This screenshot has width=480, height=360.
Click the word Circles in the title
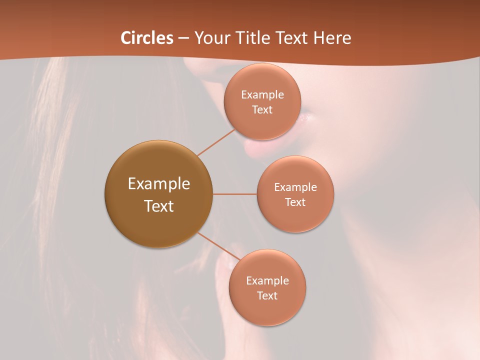click(146, 37)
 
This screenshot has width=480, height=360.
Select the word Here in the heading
click(332, 37)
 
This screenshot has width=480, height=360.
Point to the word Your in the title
click(210, 37)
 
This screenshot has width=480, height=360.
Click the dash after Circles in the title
click(183, 38)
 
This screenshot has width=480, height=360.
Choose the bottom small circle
click(267, 310)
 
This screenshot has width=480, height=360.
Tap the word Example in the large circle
click(159, 184)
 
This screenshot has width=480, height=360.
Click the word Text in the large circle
click(159, 206)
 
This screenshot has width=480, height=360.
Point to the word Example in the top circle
click(262, 95)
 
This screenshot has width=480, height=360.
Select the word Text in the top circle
click(262, 110)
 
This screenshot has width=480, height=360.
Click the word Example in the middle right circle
click(295, 187)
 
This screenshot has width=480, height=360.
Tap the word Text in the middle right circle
click(295, 202)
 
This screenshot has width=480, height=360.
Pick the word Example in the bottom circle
click(267, 281)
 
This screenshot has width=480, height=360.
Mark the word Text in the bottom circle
click(267, 296)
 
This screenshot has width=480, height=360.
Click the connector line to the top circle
click(216, 142)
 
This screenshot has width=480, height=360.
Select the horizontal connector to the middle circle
click(235, 194)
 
